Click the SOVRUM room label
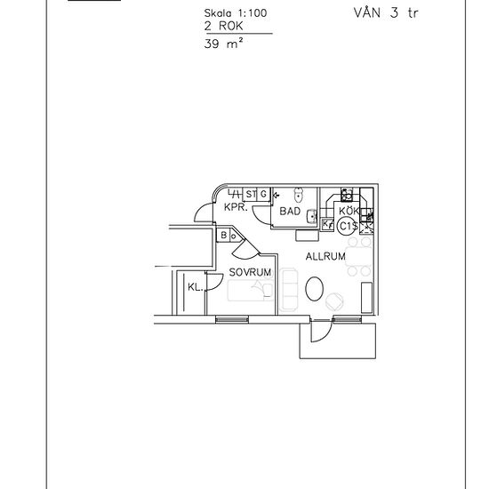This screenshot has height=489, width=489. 249,271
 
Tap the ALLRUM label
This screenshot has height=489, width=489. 325,256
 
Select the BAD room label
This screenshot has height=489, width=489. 289,212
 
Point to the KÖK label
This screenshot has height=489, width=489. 348,211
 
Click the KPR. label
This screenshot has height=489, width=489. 236,207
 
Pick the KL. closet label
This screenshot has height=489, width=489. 195,286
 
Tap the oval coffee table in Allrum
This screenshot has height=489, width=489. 314,288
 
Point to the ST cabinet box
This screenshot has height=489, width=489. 251,194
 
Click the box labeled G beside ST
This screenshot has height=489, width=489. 263,194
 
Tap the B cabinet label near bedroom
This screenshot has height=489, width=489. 225,236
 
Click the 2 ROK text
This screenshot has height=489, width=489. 220,28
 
